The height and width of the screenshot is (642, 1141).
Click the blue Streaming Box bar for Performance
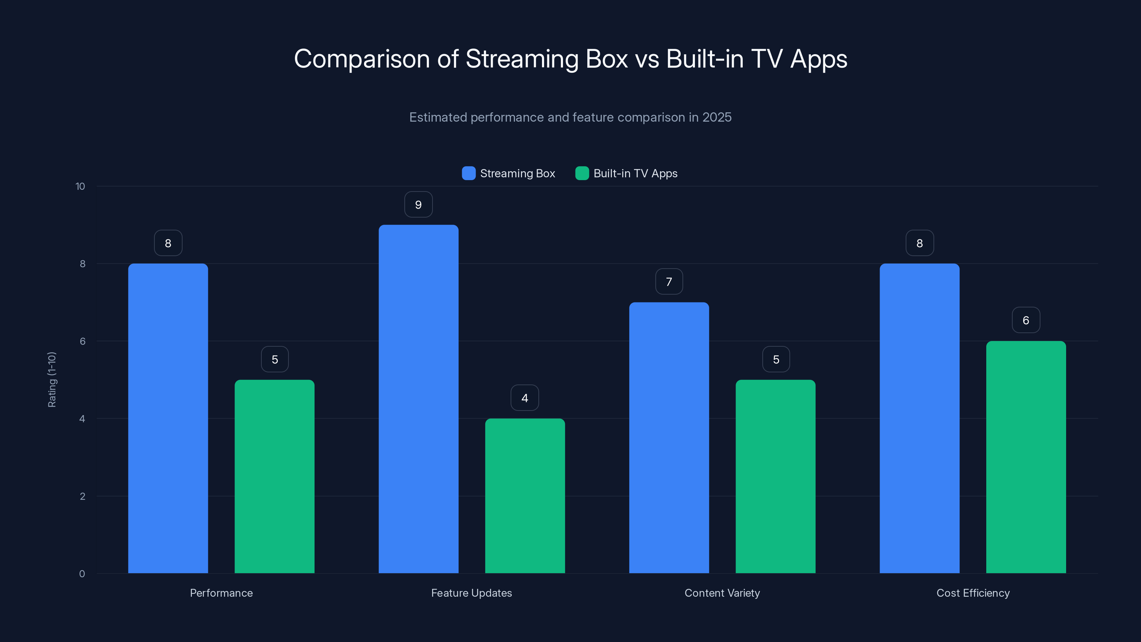(x=168, y=418)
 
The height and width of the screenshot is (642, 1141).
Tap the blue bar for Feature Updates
(x=418, y=399)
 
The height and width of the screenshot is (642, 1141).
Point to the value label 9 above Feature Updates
(x=418, y=205)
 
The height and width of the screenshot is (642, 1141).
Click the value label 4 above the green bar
(x=525, y=398)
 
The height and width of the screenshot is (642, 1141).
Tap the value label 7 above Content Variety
(x=669, y=282)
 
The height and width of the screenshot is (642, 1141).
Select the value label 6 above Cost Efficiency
(x=1026, y=320)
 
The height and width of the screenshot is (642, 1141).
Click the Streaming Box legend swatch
(x=469, y=173)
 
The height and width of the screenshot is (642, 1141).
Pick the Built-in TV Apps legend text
(x=635, y=173)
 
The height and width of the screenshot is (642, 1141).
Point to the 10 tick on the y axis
(x=80, y=187)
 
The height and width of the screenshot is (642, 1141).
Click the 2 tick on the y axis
(x=82, y=496)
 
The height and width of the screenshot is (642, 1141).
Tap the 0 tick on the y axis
(x=82, y=574)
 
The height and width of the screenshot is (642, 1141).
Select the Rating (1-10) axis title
(x=52, y=380)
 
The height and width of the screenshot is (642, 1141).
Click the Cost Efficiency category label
(x=973, y=593)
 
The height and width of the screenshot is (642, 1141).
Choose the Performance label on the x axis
(x=221, y=593)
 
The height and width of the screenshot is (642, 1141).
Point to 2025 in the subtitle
(x=717, y=117)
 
